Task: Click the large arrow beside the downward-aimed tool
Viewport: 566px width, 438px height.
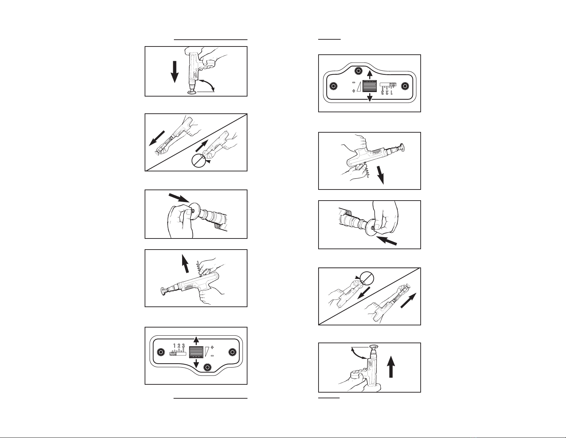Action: tap(175, 72)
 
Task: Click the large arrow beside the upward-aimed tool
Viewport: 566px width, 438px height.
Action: tap(391, 367)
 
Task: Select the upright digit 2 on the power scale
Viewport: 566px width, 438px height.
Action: tap(179, 346)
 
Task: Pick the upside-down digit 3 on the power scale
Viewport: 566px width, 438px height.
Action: tap(382, 92)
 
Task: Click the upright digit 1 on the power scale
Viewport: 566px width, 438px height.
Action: tap(174, 346)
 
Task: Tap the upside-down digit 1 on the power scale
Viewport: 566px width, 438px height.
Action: tap(391, 92)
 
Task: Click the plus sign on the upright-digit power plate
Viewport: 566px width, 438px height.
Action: tap(212, 347)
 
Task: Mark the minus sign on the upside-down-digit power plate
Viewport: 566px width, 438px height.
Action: tap(354, 83)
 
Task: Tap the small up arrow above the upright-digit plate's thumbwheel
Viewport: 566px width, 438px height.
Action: tap(196, 340)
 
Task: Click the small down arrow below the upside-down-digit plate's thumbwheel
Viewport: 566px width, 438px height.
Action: tap(369, 97)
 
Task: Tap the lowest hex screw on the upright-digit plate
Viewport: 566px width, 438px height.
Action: tap(207, 367)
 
